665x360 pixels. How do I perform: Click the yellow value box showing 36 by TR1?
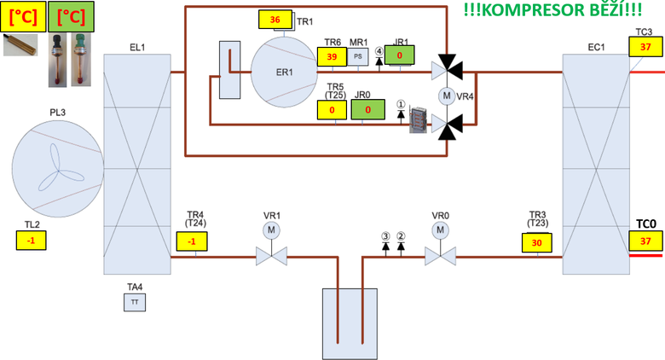[275, 20]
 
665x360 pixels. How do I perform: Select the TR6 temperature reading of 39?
[332, 56]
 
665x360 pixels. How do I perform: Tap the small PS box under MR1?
[358, 56]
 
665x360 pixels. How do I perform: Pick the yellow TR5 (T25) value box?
[332, 110]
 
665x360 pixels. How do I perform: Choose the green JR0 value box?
[367, 110]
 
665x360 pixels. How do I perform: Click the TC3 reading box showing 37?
[645, 48]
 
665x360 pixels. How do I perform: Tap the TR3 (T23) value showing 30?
[537, 242]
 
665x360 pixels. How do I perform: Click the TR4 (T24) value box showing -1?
[193, 242]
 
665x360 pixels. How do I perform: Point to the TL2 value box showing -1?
[32, 241]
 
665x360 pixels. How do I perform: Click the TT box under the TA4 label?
[134, 302]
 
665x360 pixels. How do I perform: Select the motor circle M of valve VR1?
[271, 230]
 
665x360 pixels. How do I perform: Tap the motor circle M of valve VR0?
[440, 230]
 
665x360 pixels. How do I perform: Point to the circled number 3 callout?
[385, 236]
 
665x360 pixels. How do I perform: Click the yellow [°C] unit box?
[22, 17]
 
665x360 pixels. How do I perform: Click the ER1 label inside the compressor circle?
[284, 72]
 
